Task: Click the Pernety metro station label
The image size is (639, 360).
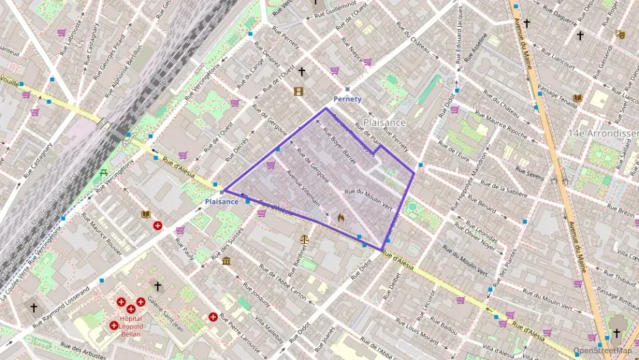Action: [x=347, y=99]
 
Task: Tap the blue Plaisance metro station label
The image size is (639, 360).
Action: [x=222, y=202]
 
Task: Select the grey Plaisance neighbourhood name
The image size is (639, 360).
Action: [x=384, y=122]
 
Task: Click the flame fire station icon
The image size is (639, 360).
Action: [x=340, y=217]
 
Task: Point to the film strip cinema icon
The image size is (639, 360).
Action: [x=298, y=91]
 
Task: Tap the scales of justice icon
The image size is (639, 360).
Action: [x=304, y=239]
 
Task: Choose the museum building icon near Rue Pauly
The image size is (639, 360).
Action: [x=226, y=262]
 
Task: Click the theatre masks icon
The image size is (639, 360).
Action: [x=620, y=33]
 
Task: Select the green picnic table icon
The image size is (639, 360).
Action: [x=103, y=172]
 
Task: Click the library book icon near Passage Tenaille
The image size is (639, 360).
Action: [x=578, y=98]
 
